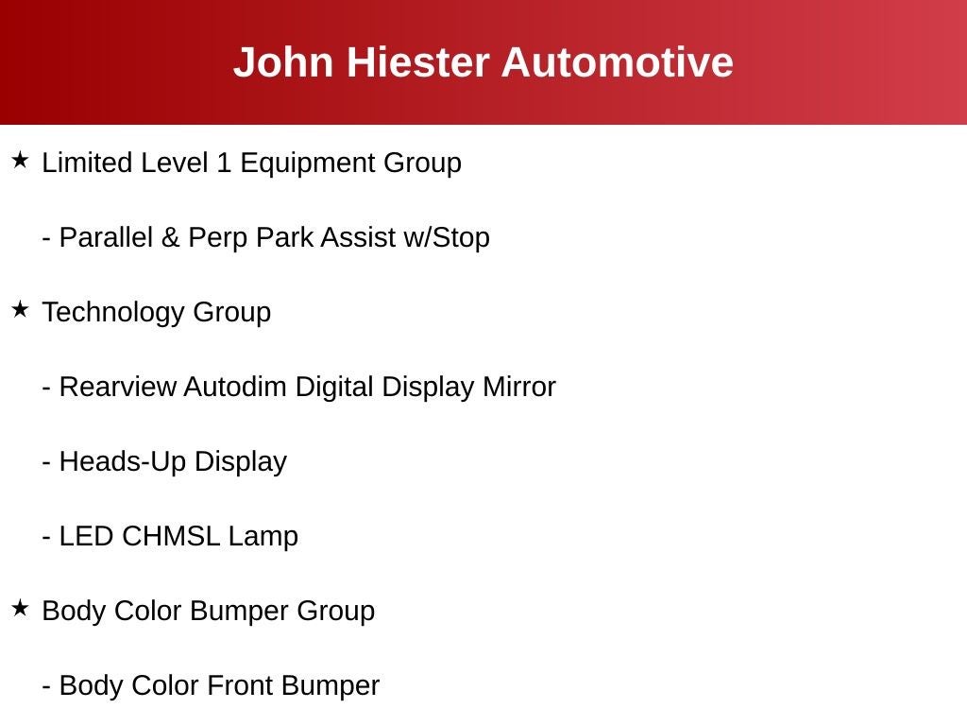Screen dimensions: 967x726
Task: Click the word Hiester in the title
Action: coord(418,62)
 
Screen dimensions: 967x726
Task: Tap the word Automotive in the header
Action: coord(618,62)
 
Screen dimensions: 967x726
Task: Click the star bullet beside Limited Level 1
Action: coord(21,160)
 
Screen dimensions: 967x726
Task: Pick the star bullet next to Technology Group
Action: coord(21,309)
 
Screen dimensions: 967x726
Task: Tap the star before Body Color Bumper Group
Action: coord(21,608)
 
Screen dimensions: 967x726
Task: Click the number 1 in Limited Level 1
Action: coord(224,163)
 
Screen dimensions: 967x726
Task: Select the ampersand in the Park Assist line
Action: coord(170,237)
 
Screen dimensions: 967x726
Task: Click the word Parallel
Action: coord(106,237)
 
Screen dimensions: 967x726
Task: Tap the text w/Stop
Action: coord(447,237)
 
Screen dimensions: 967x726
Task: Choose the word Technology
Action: coord(113,313)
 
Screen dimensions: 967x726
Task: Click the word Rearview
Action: coord(118,387)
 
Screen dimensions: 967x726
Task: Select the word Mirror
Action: coord(519,387)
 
